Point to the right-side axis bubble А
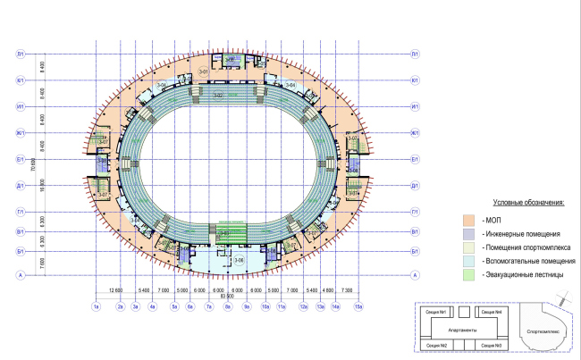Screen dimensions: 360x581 click(415, 276)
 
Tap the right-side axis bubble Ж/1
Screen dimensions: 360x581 click(415, 134)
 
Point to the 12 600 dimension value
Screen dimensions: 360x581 click(114, 290)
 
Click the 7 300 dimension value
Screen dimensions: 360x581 click(348, 290)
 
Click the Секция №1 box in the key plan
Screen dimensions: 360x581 click(436, 312)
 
